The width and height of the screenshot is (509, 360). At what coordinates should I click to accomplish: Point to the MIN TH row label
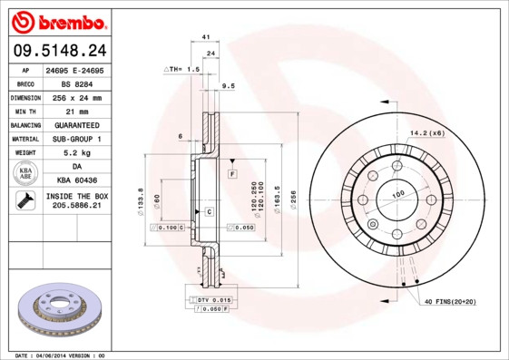pos(24,111)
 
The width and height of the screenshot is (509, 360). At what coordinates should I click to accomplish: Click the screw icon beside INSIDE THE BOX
pos(24,201)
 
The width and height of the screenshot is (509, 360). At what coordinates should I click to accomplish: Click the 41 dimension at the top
pos(206,36)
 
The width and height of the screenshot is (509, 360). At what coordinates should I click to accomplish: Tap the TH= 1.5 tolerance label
pos(181,69)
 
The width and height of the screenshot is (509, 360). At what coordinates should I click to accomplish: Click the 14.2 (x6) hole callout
pos(426,133)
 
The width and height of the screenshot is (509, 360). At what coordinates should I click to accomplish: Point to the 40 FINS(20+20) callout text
pos(449,301)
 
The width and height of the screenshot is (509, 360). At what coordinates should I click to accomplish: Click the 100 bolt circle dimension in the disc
pos(397,194)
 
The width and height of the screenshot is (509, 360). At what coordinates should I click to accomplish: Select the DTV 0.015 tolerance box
pos(215,299)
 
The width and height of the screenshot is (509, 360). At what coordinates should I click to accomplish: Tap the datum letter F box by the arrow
pos(232,172)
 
